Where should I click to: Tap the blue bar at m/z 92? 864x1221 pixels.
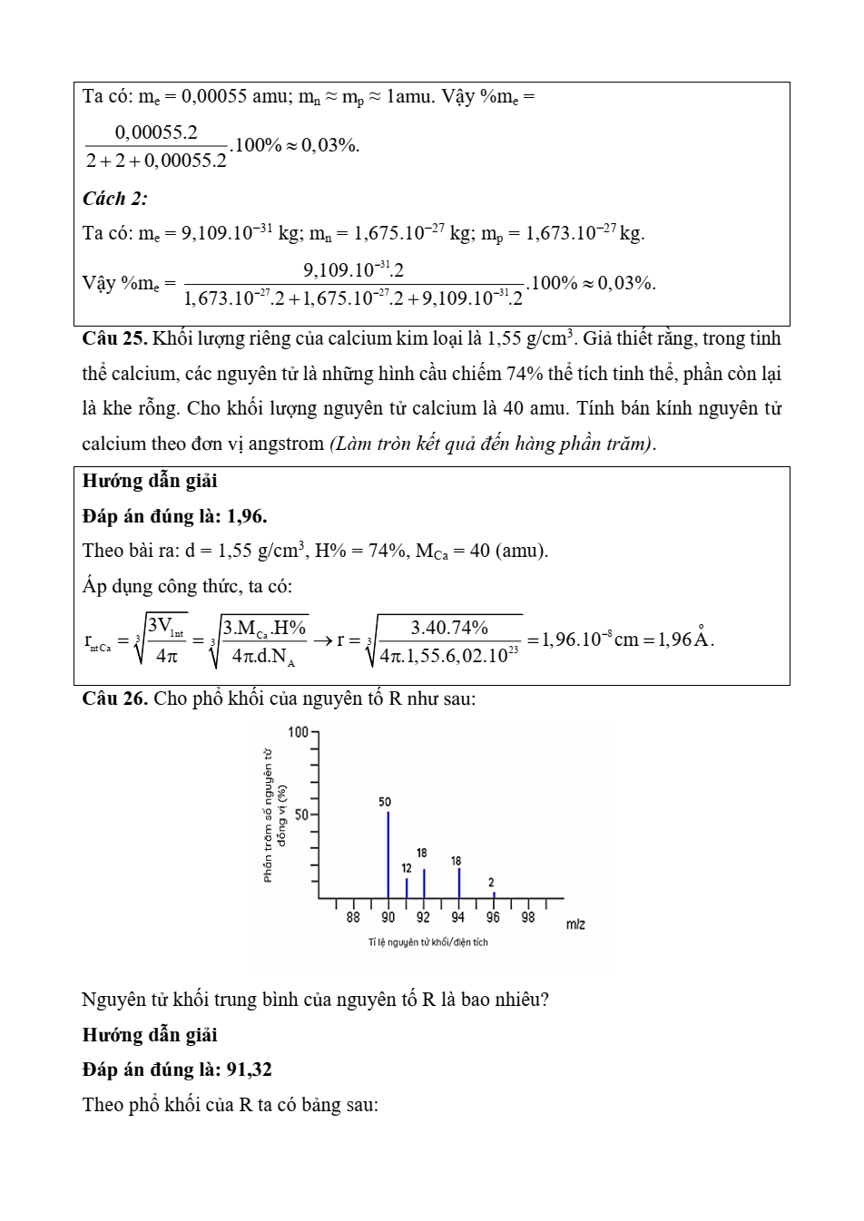point(424,883)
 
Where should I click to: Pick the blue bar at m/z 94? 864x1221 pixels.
point(459,883)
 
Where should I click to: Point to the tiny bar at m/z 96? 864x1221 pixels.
point(494,894)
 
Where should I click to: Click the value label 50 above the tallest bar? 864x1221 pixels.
point(385,802)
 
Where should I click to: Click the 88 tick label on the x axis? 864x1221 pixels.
point(353,917)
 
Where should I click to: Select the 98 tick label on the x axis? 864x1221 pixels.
point(528,917)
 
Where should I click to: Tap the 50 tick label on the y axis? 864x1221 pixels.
point(301,815)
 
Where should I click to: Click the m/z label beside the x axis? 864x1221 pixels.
point(575,924)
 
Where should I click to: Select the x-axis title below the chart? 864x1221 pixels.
point(427,943)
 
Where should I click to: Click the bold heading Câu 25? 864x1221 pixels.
point(114,339)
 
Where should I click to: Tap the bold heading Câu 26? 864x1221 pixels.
point(114,698)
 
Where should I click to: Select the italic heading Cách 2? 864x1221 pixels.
point(115,199)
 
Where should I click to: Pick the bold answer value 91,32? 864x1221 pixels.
point(249,1070)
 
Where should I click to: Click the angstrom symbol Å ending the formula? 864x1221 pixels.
point(702,638)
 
